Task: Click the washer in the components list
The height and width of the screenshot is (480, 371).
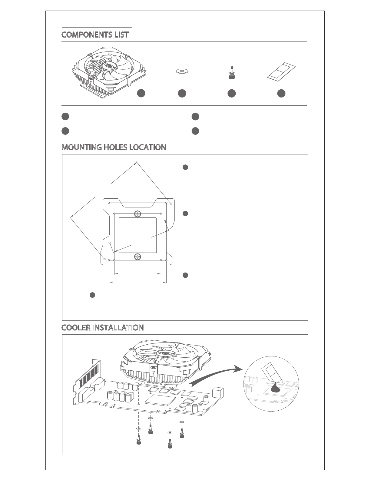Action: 182,71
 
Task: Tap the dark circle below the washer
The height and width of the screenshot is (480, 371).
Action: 182,94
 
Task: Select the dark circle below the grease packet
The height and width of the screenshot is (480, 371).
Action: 281,94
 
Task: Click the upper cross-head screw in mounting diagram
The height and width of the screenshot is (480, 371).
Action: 138,214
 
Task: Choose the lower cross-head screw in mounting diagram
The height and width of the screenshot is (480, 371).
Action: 138,257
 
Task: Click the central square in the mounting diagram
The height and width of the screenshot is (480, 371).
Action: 138,235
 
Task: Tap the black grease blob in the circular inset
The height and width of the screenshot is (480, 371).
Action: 276,388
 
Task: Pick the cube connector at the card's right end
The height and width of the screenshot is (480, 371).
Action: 218,392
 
